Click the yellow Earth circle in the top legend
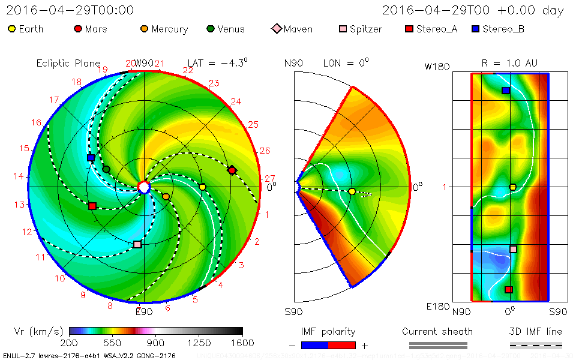12,29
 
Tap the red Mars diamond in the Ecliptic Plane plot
232,170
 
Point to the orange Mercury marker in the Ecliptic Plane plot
166,196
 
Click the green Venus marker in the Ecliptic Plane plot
106,169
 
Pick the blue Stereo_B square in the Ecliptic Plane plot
91,158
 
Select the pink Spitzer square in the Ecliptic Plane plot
137,244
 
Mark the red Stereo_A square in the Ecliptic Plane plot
92,206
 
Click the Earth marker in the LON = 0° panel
352,191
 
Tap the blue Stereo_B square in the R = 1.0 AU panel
506,91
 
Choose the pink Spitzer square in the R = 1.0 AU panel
513,249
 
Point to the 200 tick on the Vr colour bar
69,343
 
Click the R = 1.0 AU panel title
509,62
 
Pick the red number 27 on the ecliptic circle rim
269,178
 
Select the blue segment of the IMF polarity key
314,345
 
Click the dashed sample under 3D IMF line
536,345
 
